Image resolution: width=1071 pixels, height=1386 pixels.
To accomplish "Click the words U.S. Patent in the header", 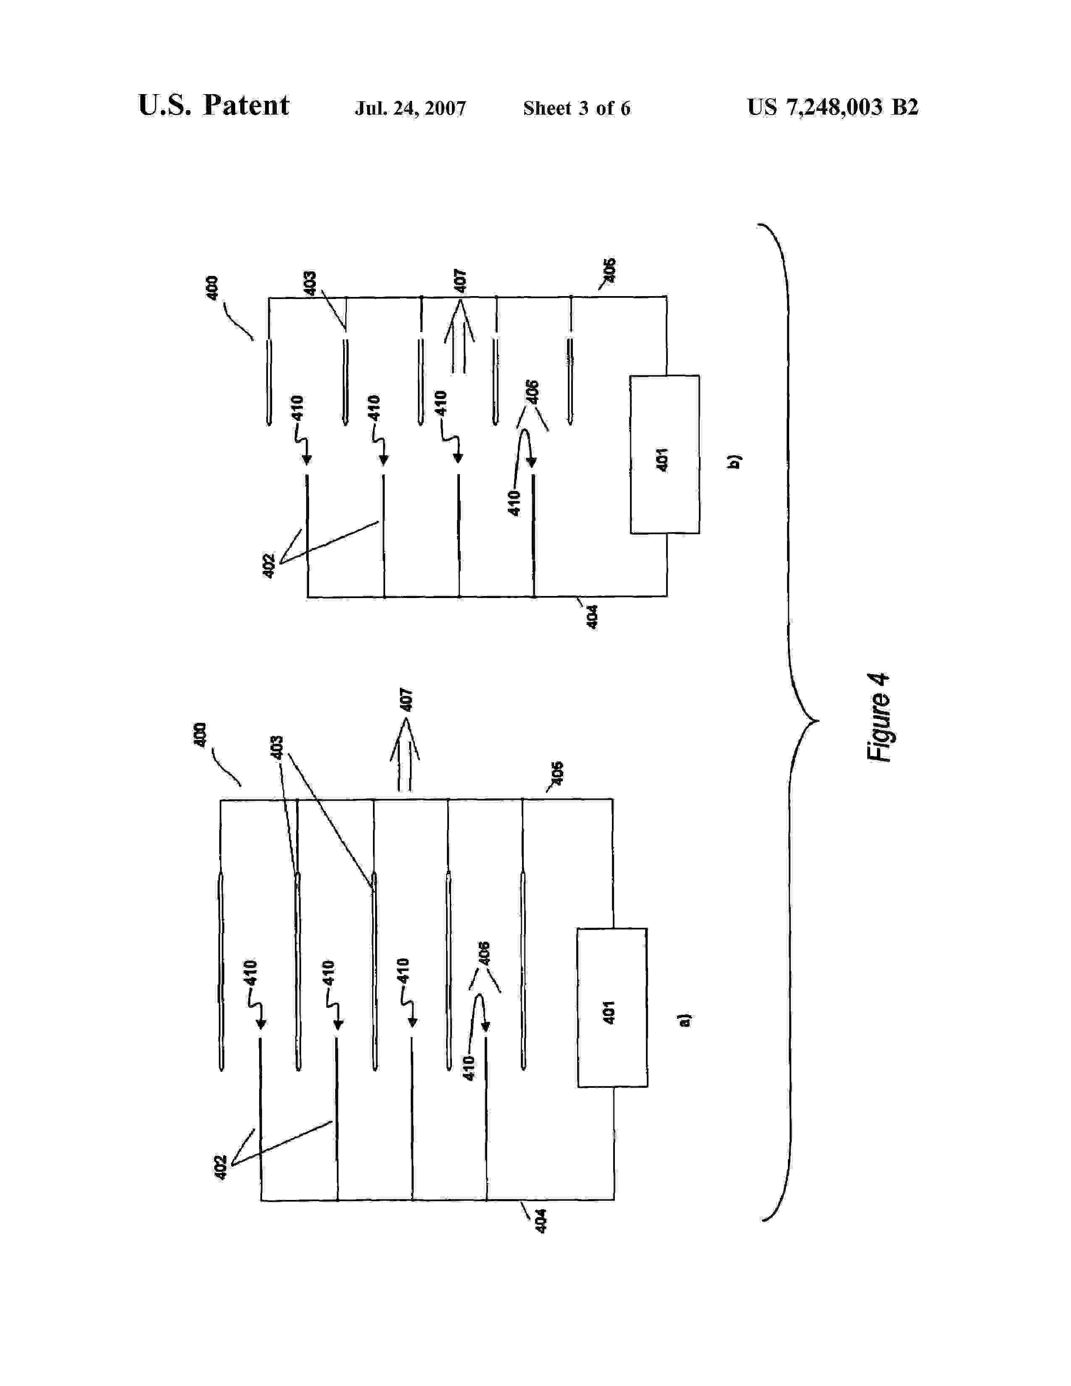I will (213, 105).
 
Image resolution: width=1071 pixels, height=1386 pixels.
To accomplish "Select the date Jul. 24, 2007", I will (410, 108).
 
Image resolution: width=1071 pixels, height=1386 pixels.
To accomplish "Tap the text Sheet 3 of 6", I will (576, 108).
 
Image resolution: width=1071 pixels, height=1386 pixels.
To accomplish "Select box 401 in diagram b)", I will (664, 454).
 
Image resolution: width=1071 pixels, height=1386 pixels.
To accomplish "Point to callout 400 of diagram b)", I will (213, 287).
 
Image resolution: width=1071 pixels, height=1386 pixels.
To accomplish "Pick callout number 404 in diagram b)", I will (591, 617).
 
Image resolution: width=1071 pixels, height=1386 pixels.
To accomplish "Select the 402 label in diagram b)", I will (268, 566).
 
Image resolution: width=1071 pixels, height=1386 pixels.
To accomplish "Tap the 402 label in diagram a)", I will (220, 1168).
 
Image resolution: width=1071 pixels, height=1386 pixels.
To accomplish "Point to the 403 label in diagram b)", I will (310, 283).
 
